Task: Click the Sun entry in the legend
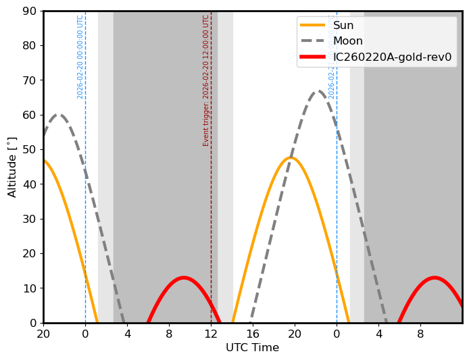click(x=343, y=26)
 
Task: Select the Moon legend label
click(x=347, y=41)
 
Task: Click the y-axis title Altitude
click(x=12, y=167)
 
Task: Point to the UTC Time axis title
click(x=252, y=348)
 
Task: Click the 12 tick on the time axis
click(x=211, y=334)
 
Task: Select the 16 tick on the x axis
click(x=253, y=334)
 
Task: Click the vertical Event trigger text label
click(x=206, y=80)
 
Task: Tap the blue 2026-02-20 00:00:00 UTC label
click(x=80, y=57)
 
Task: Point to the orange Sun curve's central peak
click(x=291, y=158)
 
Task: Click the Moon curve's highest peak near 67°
click(x=318, y=91)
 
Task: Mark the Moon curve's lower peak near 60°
click(x=59, y=115)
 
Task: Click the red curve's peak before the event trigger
click(x=183, y=278)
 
